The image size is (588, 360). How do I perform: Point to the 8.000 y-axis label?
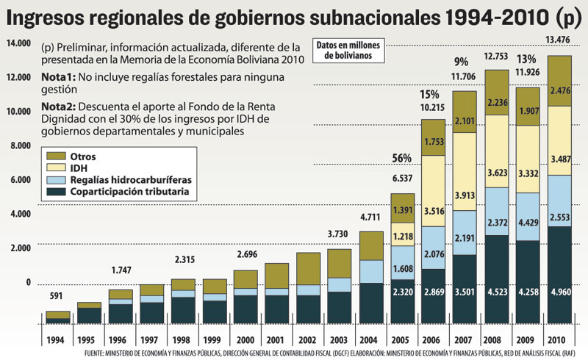(x=19, y=145)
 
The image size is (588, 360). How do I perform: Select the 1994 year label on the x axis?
(x=57, y=340)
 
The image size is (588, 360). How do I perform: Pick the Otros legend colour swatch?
(x=55, y=156)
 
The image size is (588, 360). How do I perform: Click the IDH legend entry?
(x=79, y=168)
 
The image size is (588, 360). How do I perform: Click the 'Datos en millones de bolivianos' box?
(x=345, y=49)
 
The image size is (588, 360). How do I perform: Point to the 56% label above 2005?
(x=401, y=158)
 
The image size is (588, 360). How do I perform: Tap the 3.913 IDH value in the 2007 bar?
(x=465, y=195)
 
